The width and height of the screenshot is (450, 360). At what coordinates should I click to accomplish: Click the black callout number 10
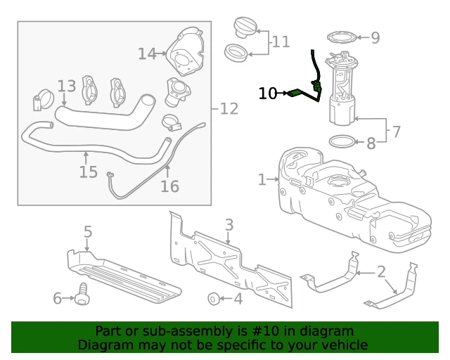click(267, 94)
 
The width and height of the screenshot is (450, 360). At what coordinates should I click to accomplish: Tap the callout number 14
click(147, 53)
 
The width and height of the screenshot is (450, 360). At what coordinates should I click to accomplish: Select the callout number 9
click(375, 37)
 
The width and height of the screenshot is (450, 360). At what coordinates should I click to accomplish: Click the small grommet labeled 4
click(214, 299)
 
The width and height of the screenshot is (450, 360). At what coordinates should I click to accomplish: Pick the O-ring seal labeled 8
click(342, 141)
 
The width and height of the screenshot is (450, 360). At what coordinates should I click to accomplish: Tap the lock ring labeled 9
click(342, 37)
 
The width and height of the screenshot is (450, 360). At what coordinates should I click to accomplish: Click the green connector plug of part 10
click(294, 94)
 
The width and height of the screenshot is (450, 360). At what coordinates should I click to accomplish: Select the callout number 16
click(170, 186)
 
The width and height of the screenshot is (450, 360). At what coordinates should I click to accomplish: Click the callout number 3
click(229, 225)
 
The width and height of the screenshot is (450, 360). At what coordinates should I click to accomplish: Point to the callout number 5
click(88, 231)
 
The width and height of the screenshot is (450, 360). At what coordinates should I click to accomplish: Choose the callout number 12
click(229, 109)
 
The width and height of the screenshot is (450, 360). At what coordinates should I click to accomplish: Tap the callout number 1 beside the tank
click(262, 179)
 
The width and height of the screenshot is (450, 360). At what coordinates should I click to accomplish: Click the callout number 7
click(396, 131)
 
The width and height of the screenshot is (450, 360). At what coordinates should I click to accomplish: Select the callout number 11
click(281, 42)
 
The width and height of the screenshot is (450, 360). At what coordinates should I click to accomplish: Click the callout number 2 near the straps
click(381, 271)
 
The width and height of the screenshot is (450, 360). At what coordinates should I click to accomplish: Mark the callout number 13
click(67, 86)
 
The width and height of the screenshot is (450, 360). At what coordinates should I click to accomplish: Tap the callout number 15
click(89, 172)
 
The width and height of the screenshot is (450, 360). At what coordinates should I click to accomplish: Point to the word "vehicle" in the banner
click(346, 345)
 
